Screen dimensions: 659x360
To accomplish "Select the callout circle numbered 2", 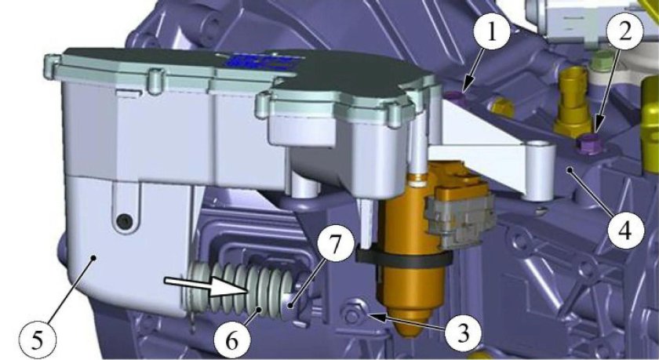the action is pos(625,32).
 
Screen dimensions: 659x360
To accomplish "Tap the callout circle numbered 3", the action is pos(463,334).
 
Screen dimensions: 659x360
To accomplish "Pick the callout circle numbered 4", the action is pos(626,231).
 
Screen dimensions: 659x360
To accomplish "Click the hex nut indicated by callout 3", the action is pos(351,315).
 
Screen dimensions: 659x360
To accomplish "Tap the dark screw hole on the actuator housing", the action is pos(124,221).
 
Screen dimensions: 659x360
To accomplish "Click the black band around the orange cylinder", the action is pos(403,258).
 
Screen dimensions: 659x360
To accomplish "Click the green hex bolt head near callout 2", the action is pos(599,63).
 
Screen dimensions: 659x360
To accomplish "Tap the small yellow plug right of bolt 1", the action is pos(502,108).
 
